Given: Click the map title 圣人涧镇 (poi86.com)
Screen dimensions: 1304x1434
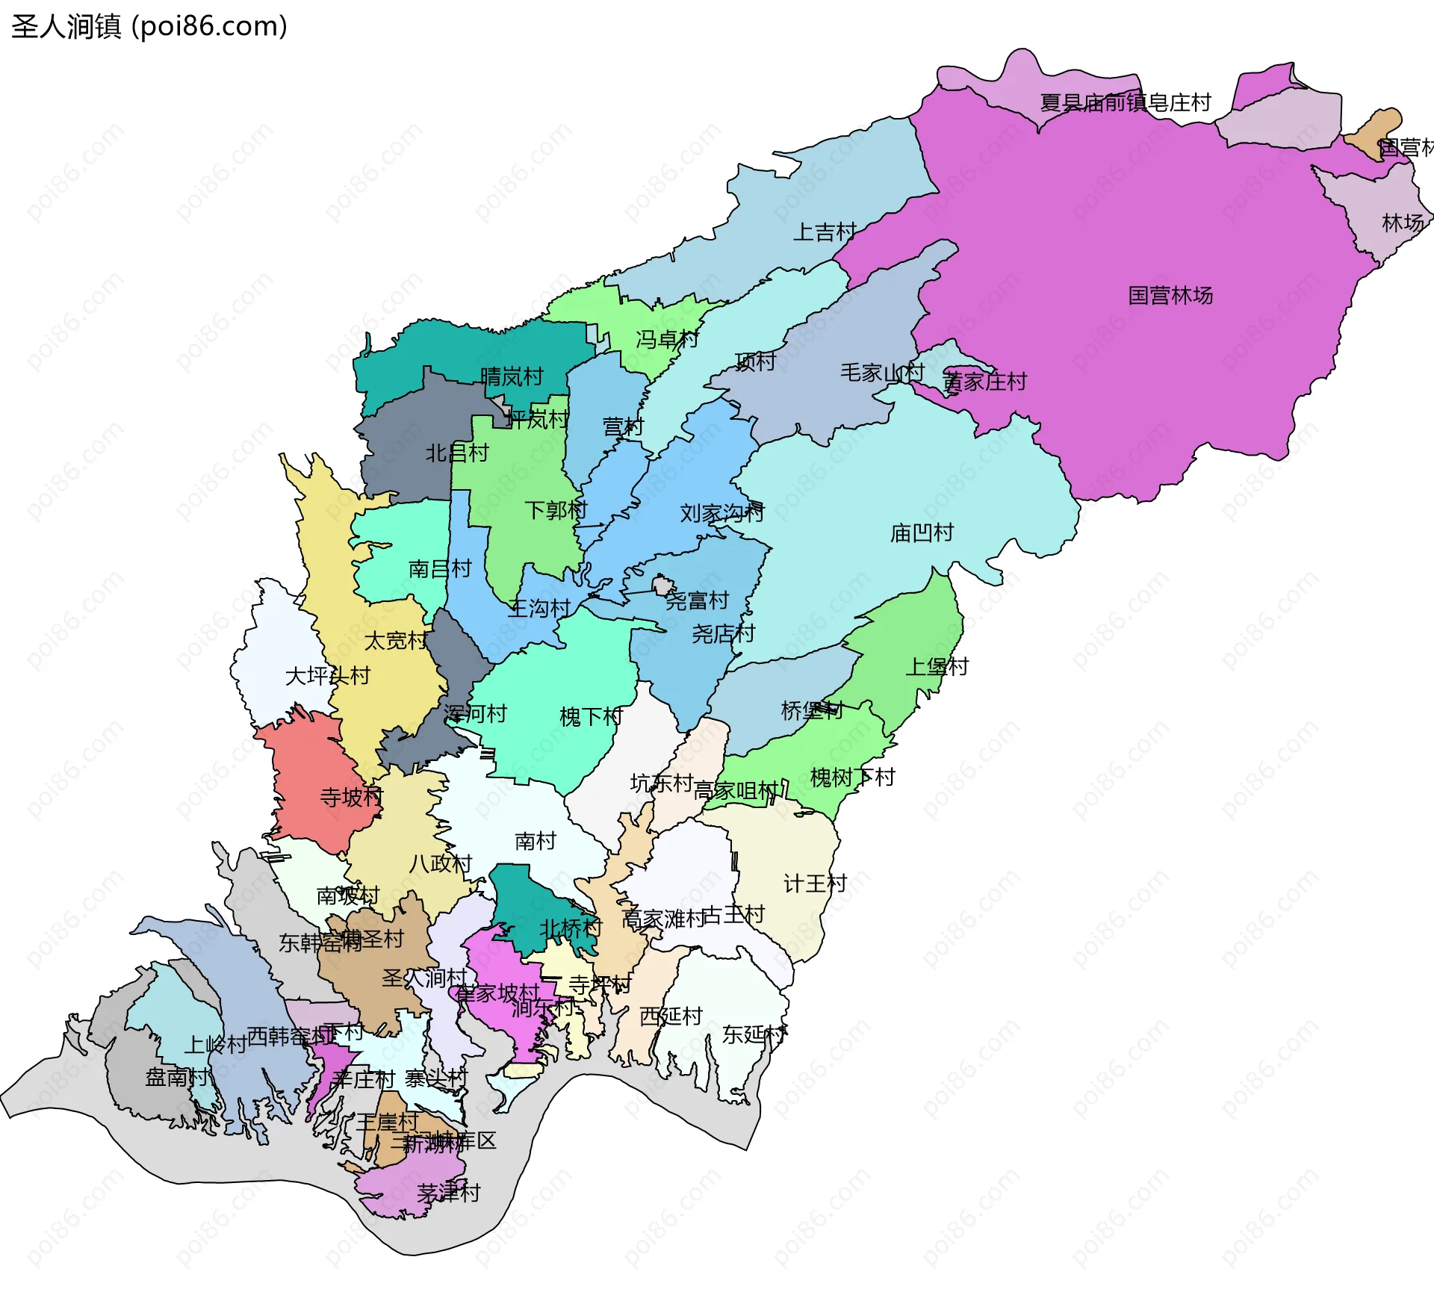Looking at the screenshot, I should point(149,27).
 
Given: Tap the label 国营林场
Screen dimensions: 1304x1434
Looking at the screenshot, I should point(1170,296).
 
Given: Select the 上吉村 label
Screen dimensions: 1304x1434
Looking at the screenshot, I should point(824,232).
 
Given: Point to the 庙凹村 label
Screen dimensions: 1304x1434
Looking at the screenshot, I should point(922,533).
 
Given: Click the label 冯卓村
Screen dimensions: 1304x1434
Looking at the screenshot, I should point(667,341).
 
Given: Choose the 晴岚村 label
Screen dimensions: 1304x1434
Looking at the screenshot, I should point(512,377).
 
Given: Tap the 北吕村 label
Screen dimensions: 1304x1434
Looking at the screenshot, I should point(456,453).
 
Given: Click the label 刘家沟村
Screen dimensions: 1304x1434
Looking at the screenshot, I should point(721,513).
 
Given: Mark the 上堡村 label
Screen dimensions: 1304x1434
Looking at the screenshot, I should point(937,667).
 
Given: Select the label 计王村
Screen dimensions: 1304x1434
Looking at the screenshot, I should point(815,884).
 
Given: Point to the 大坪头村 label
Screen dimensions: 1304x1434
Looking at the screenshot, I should point(327,677).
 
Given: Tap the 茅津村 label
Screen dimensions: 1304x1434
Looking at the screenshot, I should point(448,1193).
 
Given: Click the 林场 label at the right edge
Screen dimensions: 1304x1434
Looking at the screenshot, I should point(1403,223).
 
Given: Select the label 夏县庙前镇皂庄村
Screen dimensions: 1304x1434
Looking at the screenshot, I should point(1125,103).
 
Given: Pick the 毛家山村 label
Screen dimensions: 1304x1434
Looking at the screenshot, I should point(882,373).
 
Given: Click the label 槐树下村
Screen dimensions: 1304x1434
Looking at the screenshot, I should point(852,778).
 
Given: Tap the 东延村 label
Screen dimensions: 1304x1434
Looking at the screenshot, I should point(754,1035).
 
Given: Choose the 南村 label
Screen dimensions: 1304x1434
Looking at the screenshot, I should point(536,842).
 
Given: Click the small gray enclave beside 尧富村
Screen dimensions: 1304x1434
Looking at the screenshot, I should point(662,585).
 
